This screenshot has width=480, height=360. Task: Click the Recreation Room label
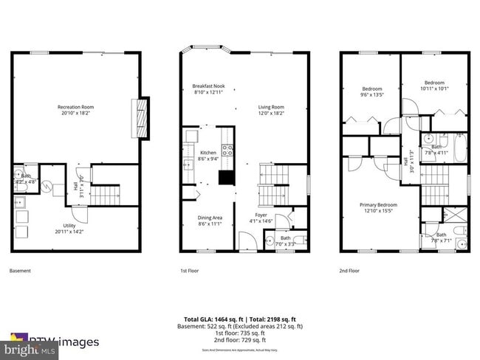pyautogui.click(x=75, y=107)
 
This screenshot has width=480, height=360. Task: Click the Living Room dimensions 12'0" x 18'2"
pyautogui.click(x=272, y=113)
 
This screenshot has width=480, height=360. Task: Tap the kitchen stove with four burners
pyautogui.click(x=229, y=152)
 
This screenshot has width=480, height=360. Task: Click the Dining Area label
pyautogui.click(x=210, y=218)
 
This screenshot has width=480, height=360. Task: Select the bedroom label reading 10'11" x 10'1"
pyautogui.click(x=434, y=85)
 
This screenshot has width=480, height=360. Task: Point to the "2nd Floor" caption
pyautogui.click(x=349, y=271)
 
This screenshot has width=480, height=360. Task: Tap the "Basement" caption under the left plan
pyautogui.click(x=21, y=271)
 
